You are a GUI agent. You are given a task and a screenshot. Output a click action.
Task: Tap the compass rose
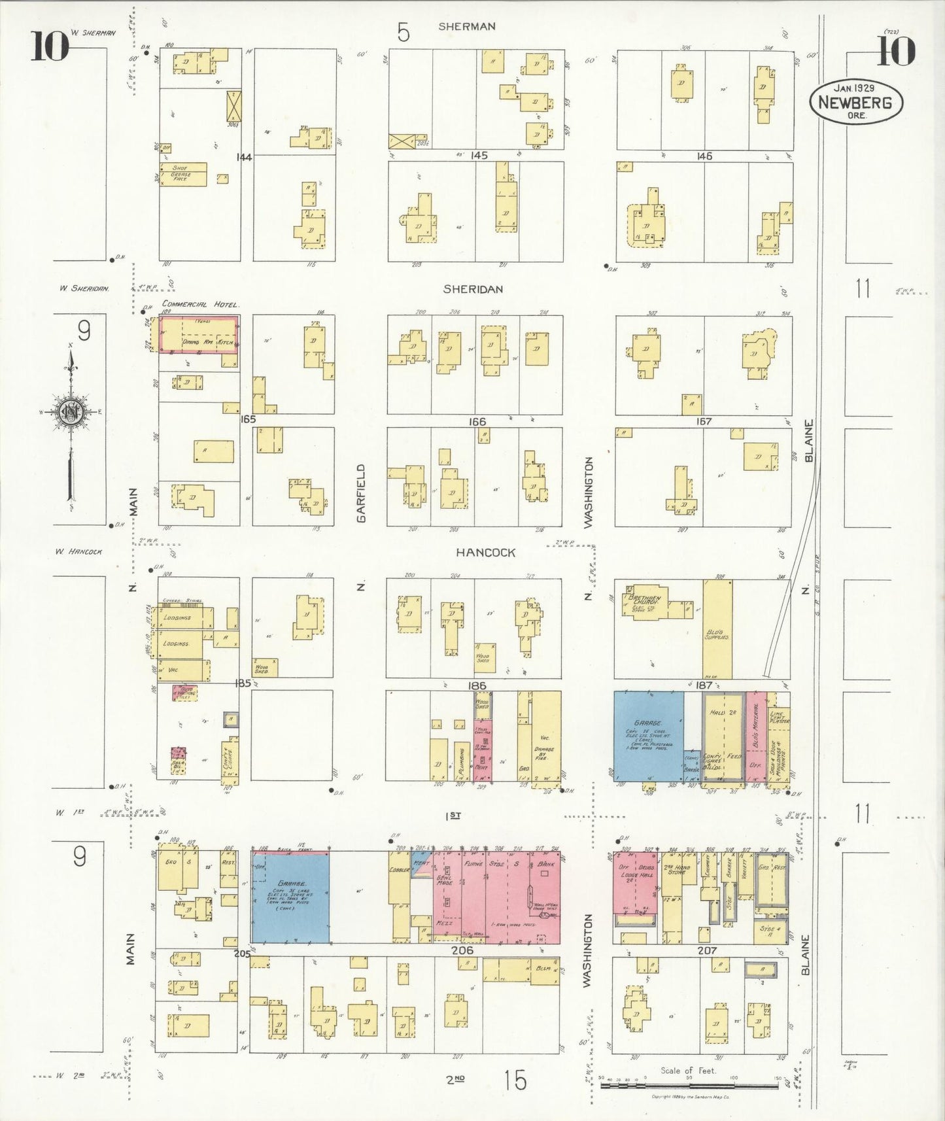coord(70,412)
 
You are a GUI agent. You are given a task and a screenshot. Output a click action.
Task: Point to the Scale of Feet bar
coord(691,1086)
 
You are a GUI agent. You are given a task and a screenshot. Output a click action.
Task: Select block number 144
coord(245,157)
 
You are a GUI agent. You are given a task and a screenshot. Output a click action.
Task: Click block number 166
coord(477,422)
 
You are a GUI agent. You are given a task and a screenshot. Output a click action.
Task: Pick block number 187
coord(703,685)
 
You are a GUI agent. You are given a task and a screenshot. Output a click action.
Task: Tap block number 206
coord(462,950)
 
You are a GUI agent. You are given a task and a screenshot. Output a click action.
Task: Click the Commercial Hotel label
coord(200,304)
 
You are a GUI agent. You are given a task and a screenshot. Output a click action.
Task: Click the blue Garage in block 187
coord(648,736)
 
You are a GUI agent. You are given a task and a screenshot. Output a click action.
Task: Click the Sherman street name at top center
coord(466,26)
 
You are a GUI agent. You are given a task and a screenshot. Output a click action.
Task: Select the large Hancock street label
coord(485,553)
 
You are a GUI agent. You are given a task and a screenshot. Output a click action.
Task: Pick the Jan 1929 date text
coord(854,88)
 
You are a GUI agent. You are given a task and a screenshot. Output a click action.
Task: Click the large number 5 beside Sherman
coord(404,31)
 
